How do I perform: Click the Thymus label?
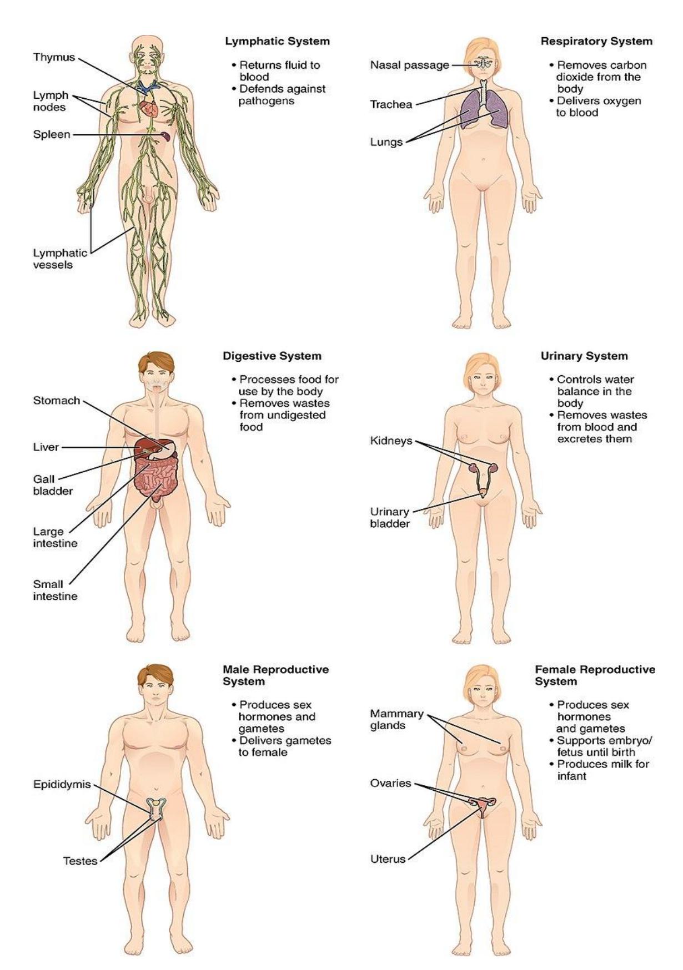pyautogui.click(x=54, y=57)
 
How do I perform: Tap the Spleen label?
pyautogui.click(x=52, y=134)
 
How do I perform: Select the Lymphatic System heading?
pyautogui.click(x=277, y=42)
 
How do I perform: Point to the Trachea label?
pyautogui.click(x=391, y=104)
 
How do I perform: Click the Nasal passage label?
pyautogui.click(x=410, y=65)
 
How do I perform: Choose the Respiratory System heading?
pyautogui.click(x=597, y=42)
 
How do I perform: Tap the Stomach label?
pyautogui.click(x=57, y=400)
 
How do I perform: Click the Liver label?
pyautogui.click(x=46, y=447)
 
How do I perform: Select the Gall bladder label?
pyautogui.click(x=53, y=485)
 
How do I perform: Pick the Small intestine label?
pyautogui.click(x=55, y=590)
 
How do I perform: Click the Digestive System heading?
pyautogui.click(x=272, y=356)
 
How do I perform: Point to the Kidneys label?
pyautogui.click(x=391, y=441)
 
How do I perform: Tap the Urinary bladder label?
pyautogui.click(x=390, y=517)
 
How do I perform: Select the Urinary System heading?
pyautogui.click(x=584, y=356)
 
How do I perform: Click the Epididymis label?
pyautogui.click(x=62, y=785)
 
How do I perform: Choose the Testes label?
pyautogui.click(x=81, y=861)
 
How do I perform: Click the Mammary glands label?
pyautogui.click(x=397, y=720)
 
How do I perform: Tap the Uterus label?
pyautogui.click(x=388, y=860)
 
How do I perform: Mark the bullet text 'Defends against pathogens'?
pyautogui.click(x=282, y=95)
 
